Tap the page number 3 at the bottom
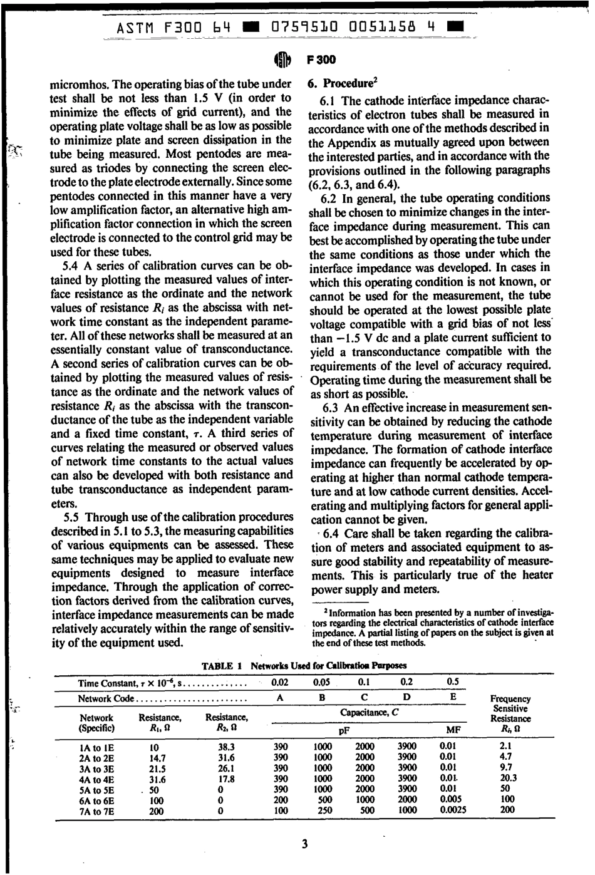pos(304,844)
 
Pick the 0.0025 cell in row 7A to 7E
pos(452,809)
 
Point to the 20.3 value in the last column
pos(508,778)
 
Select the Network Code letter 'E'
pos(453,696)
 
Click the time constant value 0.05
pos(322,681)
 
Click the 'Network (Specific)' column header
pos(96,723)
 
